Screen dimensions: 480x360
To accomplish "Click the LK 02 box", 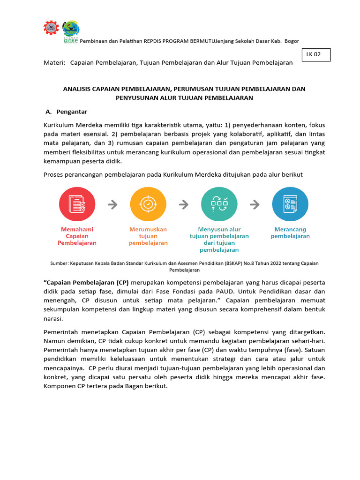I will click(316, 55).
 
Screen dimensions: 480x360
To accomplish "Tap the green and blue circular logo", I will click(71, 30).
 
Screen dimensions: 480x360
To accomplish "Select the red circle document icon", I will click(77, 204).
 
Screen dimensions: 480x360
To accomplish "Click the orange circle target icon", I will click(148, 204).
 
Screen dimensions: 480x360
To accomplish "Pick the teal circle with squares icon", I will click(219, 204).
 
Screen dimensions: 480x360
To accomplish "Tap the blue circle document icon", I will click(290, 204).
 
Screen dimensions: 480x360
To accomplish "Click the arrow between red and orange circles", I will click(112, 204).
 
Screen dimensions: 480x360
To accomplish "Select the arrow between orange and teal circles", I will click(184, 204).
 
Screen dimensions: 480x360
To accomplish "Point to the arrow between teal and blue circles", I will click(255, 204).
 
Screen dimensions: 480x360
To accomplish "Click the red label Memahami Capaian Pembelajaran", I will click(77, 236).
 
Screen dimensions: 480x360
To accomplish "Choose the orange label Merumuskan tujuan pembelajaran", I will click(148, 236).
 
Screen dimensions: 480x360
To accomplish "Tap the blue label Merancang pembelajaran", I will click(290, 233).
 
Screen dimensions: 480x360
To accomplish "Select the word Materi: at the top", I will click(54, 63).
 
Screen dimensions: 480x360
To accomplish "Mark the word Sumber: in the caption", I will click(59, 263).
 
